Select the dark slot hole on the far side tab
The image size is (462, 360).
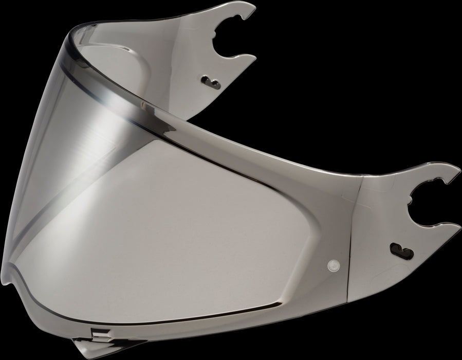[209, 79]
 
